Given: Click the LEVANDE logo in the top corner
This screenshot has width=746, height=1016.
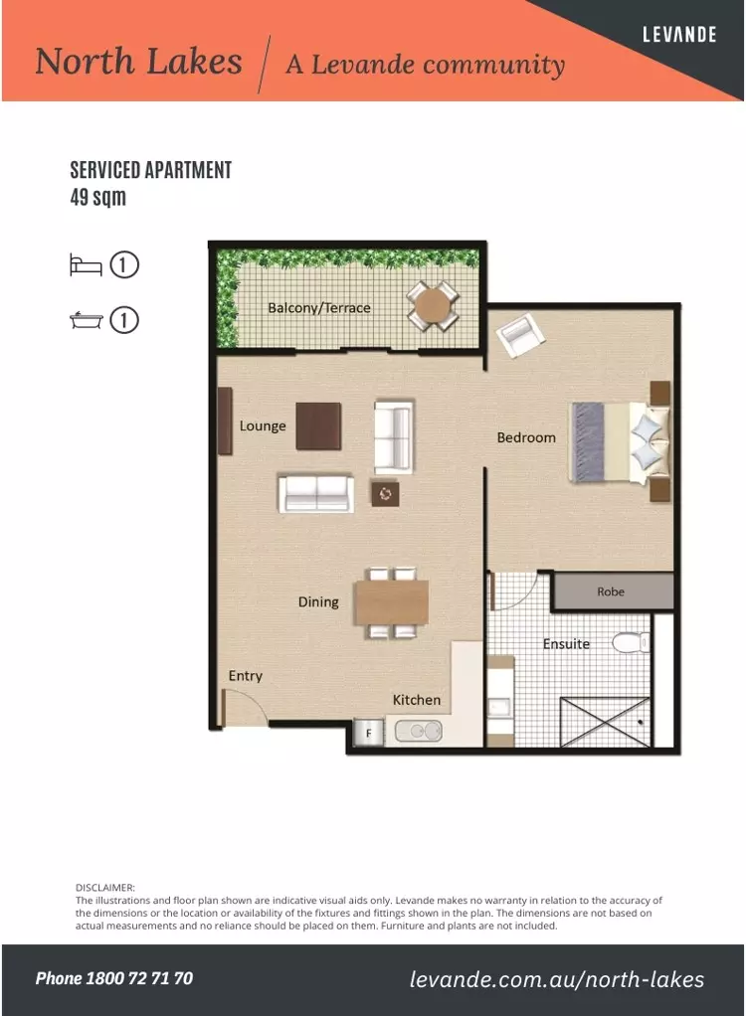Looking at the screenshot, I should click(679, 35).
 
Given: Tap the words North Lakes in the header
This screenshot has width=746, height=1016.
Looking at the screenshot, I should click(138, 62).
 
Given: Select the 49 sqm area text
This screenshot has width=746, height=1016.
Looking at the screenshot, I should click(98, 197).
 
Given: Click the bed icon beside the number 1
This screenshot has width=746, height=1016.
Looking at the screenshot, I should click(86, 265).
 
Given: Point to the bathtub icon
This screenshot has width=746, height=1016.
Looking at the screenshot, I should click(86, 320).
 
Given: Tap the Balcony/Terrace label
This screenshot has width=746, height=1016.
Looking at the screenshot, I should click(318, 308).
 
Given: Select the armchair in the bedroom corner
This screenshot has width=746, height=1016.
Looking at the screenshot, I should click(521, 336).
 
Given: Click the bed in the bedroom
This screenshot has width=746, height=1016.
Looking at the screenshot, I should click(617, 442).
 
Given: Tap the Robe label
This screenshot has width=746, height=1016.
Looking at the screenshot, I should click(611, 592).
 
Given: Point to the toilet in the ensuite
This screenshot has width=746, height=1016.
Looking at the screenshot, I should click(630, 643).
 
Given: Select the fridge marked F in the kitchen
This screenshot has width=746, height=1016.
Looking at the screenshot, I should click(369, 734).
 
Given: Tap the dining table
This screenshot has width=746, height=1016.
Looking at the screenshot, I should click(392, 602).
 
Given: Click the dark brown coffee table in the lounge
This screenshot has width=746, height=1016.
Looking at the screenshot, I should click(318, 425).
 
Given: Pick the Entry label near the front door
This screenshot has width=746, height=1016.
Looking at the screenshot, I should click(246, 676).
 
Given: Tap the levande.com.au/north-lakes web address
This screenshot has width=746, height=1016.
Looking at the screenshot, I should click(557, 979).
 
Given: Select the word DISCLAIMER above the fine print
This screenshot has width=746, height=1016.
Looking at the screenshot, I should click(105, 887).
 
